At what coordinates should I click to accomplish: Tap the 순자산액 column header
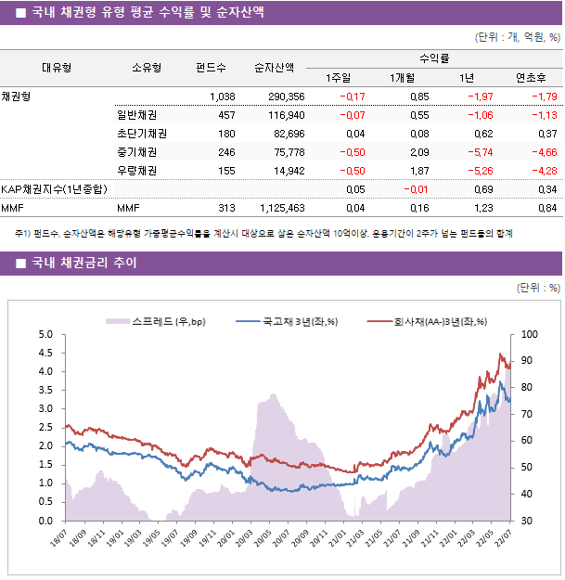coord(275,67)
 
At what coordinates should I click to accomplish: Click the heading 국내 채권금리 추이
coord(83,264)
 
